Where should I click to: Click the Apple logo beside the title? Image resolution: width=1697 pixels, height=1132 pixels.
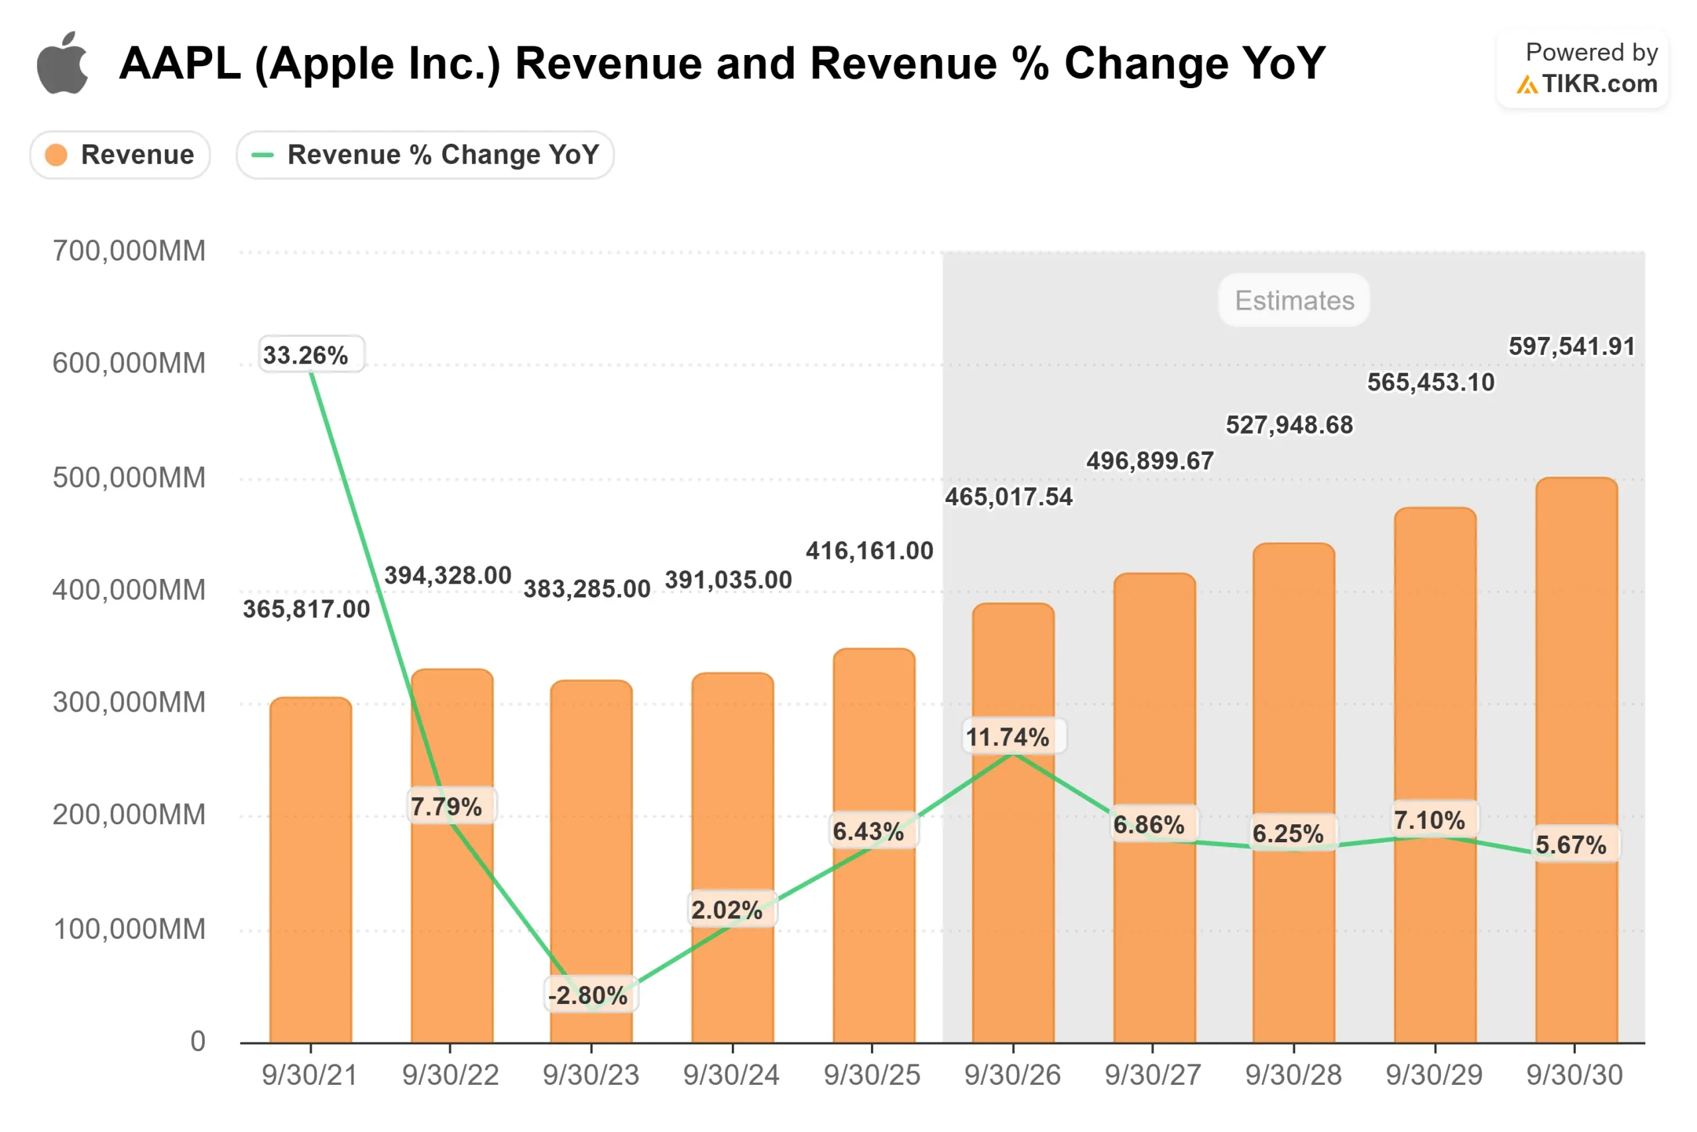[x=63, y=63]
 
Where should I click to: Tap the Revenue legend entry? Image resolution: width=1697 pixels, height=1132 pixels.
[x=121, y=155]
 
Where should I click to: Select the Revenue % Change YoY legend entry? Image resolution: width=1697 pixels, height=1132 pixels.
[x=425, y=155]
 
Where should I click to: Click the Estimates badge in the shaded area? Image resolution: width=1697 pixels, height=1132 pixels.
[x=1294, y=300]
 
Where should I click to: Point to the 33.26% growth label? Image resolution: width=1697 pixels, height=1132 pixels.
[x=305, y=355]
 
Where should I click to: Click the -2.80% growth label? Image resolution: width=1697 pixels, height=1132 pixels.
[x=588, y=995]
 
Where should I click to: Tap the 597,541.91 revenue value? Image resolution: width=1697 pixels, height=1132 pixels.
[x=1572, y=347]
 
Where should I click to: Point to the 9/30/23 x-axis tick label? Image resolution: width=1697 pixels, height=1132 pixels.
[x=591, y=1075]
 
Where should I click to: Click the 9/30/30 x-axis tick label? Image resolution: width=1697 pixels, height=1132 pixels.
[x=1574, y=1075]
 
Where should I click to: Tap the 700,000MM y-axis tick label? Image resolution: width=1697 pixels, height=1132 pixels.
[x=129, y=251]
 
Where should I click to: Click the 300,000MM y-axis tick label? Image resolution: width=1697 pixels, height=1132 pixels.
[x=129, y=702]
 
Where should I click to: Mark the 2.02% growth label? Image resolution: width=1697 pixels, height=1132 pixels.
[x=727, y=910]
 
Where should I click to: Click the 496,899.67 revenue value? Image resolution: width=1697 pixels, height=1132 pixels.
[x=1150, y=461]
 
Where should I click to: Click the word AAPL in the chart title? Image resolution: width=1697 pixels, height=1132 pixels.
[x=180, y=64]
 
